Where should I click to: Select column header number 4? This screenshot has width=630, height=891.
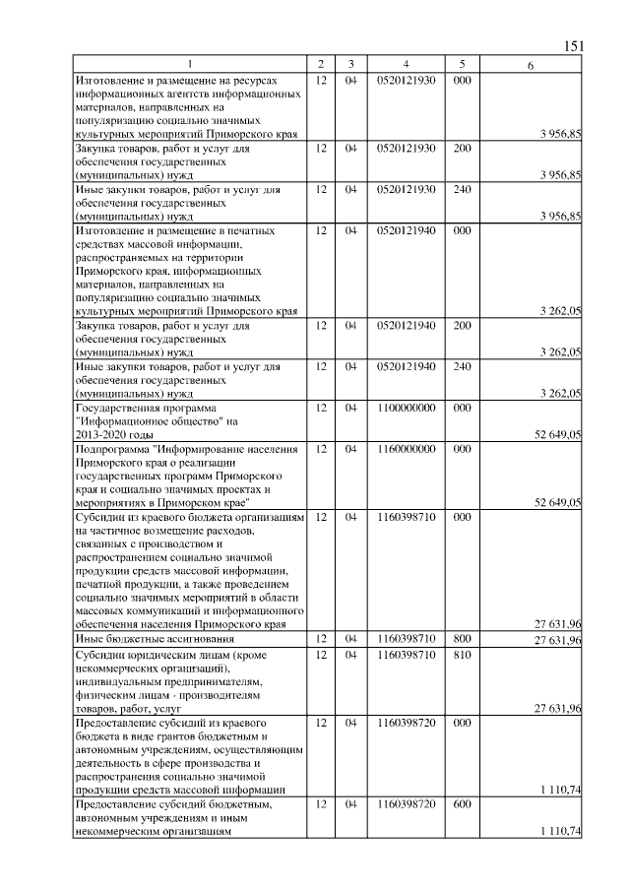[x=406, y=65]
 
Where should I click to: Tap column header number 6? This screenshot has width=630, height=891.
[x=531, y=66]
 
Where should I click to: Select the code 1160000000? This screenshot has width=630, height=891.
[x=406, y=449]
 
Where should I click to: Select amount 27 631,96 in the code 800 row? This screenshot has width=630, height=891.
[x=557, y=641]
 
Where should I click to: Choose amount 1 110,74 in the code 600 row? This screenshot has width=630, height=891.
[x=560, y=832]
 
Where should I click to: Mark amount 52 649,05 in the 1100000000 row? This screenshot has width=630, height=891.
[x=557, y=435]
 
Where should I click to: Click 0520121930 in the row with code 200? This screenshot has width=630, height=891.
[x=406, y=148]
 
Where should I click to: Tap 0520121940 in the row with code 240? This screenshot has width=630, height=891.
[x=406, y=366]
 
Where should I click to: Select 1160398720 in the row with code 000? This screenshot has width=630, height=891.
[x=406, y=724]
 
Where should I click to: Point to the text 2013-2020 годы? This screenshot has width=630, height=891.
[x=113, y=435]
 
